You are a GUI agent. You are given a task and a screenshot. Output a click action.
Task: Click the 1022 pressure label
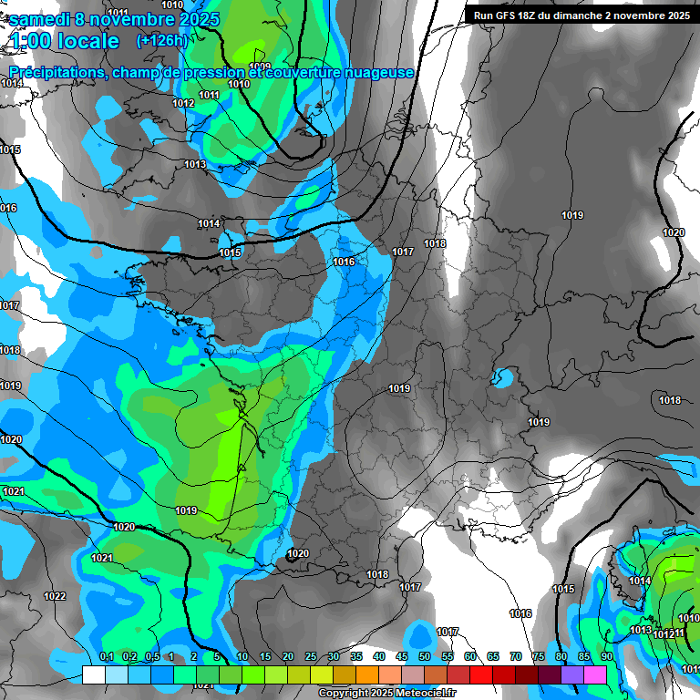click(55, 596)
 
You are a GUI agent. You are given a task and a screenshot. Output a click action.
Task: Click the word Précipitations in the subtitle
click(57, 72)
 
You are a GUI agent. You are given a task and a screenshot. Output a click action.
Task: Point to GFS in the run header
click(513, 15)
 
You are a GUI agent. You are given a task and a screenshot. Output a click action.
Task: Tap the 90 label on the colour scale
click(606, 656)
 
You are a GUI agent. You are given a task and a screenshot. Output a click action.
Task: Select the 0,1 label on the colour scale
click(106, 656)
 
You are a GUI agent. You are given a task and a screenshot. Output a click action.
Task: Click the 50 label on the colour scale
click(424, 656)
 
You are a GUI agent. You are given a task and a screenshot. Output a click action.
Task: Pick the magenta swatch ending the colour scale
click(595, 674)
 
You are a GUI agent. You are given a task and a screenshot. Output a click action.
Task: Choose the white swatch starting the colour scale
click(93, 674)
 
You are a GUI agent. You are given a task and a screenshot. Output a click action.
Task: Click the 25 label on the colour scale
click(311, 656)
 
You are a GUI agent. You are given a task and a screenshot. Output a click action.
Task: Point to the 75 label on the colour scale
click(538, 656)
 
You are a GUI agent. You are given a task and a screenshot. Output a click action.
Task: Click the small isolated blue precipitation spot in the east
click(501, 376)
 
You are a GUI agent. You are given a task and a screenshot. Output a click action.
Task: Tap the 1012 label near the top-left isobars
click(183, 103)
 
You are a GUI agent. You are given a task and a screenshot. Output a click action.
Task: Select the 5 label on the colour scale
click(216, 656)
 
